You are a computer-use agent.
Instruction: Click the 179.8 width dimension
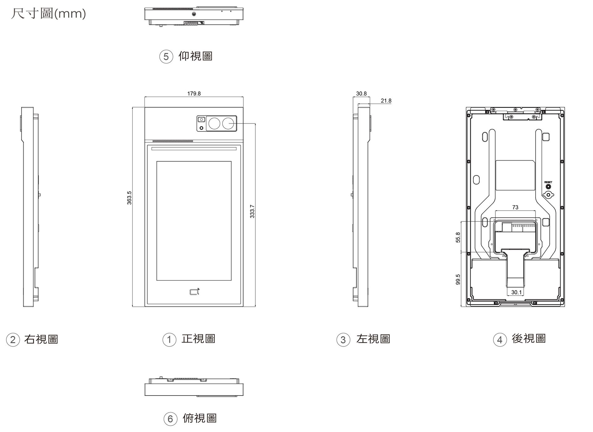(194, 94)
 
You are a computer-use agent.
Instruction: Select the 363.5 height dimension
(129, 198)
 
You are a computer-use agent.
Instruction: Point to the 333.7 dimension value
(252, 211)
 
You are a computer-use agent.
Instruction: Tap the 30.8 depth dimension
(361, 94)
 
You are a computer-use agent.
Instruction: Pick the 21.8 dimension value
(386, 101)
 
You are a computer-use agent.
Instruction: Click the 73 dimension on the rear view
(515, 208)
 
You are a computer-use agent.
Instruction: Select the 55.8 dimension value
(458, 237)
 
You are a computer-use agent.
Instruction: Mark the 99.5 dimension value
(458, 279)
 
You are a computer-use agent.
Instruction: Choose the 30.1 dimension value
(516, 292)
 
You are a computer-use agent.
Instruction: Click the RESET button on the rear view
(548, 187)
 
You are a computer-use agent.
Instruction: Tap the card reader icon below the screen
(195, 291)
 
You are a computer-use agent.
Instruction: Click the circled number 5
(166, 57)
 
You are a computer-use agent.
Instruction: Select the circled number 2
(13, 340)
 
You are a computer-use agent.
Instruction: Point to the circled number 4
(500, 340)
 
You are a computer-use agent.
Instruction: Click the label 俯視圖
(200, 418)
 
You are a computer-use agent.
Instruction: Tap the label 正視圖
(198, 339)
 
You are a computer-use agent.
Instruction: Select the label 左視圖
(373, 339)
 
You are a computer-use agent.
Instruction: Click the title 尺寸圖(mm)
(48, 14)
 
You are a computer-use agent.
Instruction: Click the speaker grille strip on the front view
(173, 141)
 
